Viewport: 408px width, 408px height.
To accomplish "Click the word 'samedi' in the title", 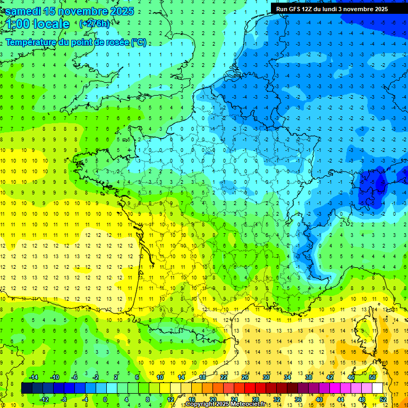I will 26,11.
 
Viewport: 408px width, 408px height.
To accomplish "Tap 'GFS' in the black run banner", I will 297,9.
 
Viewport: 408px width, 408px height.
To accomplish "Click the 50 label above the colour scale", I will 372,377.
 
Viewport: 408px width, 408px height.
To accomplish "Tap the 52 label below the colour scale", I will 383,399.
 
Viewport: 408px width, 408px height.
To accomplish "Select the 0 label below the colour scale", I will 105,399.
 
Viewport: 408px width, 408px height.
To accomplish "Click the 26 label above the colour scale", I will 245,377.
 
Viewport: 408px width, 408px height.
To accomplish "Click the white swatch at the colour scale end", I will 378,388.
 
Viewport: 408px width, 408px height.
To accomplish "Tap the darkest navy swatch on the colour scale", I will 27,388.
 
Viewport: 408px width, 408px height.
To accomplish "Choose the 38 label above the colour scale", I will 309,377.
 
